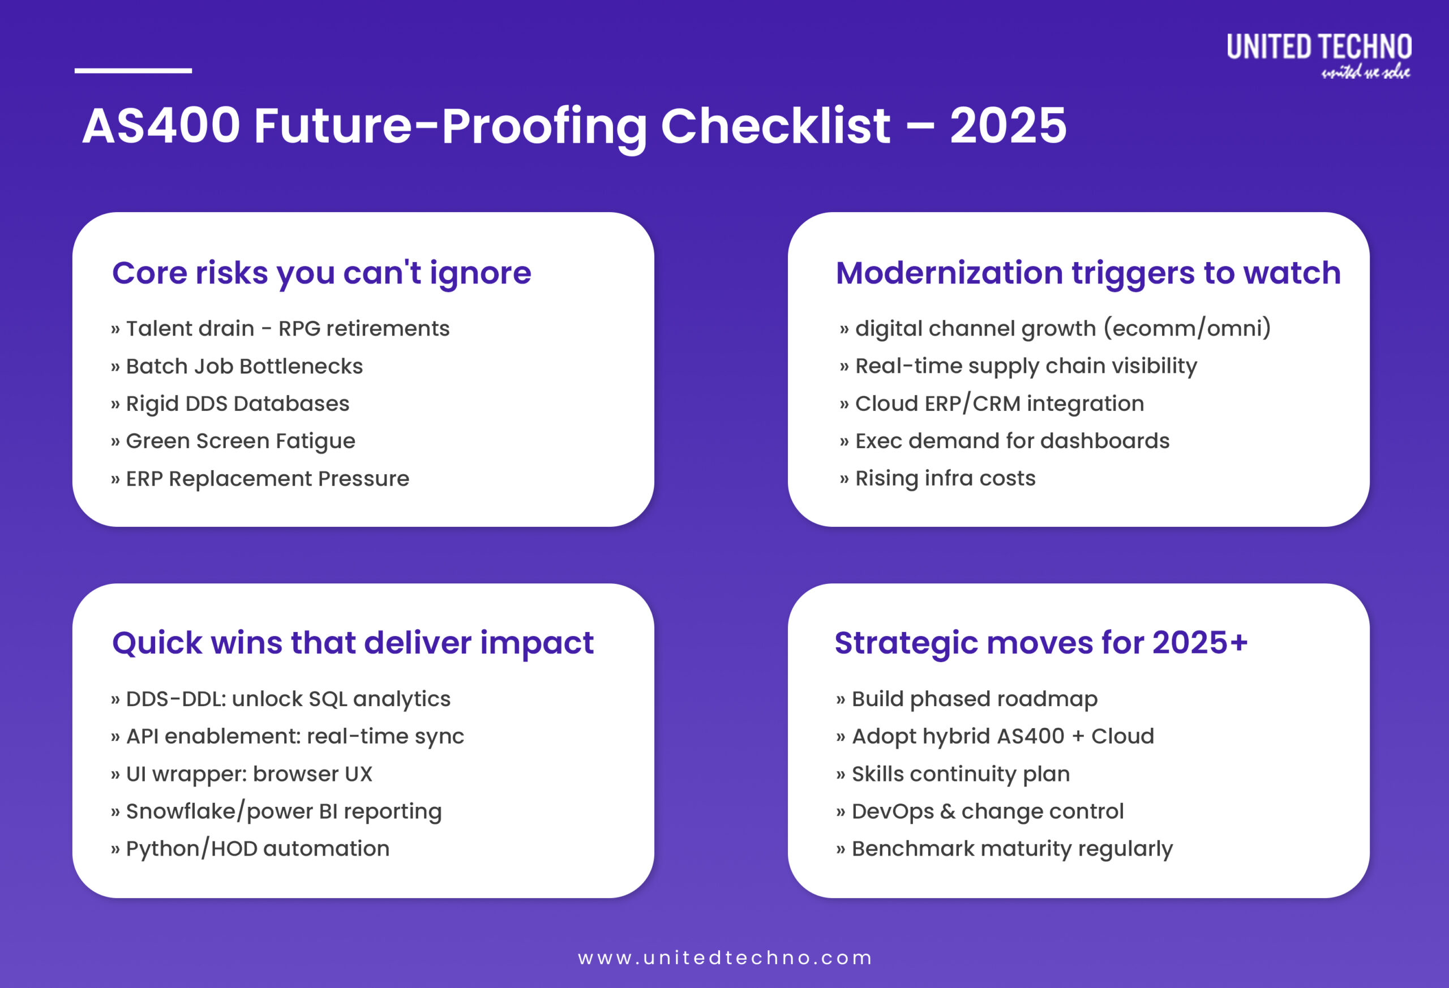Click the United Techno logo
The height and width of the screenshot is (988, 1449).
pos(1318,55)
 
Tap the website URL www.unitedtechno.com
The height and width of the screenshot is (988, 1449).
pos(724,957)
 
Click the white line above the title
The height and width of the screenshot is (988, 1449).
pos(133,70)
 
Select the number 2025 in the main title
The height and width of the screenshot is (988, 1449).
pos(1008,127)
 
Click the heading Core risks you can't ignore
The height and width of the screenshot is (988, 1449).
pos(321,273)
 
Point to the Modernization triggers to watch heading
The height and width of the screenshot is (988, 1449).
pos(1087,273)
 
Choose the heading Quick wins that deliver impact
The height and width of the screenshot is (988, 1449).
pos(352,643)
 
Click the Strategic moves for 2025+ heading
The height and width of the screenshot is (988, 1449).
pos(1040,643)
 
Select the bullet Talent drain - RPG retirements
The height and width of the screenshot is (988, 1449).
pos(287,329)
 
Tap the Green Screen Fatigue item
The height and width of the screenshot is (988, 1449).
pos(240,441)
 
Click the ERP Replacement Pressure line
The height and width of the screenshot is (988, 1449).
pos(267,479)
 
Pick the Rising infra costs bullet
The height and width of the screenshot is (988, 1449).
pos(945,478)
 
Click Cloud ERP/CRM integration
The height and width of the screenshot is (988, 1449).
pos(999,403)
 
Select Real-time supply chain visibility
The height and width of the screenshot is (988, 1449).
pos(1026,366)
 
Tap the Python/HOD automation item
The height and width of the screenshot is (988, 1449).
pos(257,848)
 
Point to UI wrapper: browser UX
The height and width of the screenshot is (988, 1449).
pos(248,774)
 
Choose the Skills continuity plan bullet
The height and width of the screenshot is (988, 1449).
pos(960,774)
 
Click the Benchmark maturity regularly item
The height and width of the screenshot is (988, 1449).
pos(1011,848)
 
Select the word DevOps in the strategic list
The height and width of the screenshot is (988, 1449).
pos(892,811)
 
